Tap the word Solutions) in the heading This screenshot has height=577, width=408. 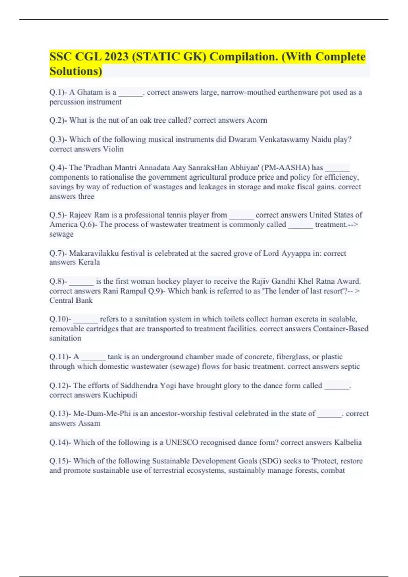[x=76, y=71]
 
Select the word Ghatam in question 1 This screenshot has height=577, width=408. [x=90, y=92]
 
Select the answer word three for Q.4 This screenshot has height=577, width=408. [x=86, y=197]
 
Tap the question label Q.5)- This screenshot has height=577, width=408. [x=58, y=215]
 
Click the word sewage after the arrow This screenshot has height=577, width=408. [x=61, y=234]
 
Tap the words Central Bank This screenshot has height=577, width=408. [x=71, y=301]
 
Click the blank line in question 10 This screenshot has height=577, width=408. [x=85, y=319]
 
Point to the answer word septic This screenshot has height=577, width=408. [x=350, y=367]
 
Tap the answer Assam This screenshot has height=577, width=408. [x=89, y=424]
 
